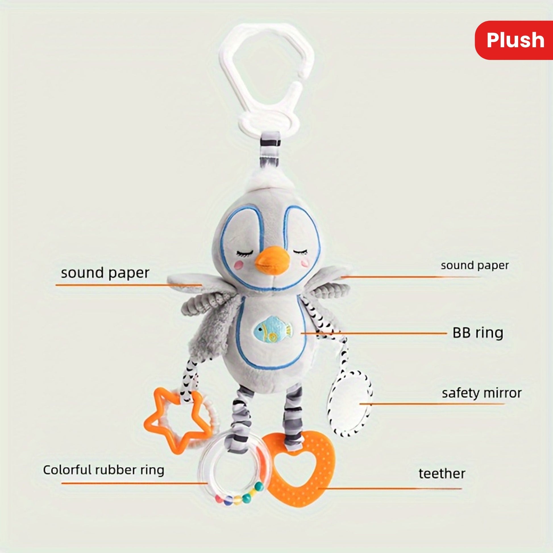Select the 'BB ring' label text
click(477, 333)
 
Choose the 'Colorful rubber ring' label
click(104, 470)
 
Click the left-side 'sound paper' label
click(105, 273)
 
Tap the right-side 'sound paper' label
click(475, 265)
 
